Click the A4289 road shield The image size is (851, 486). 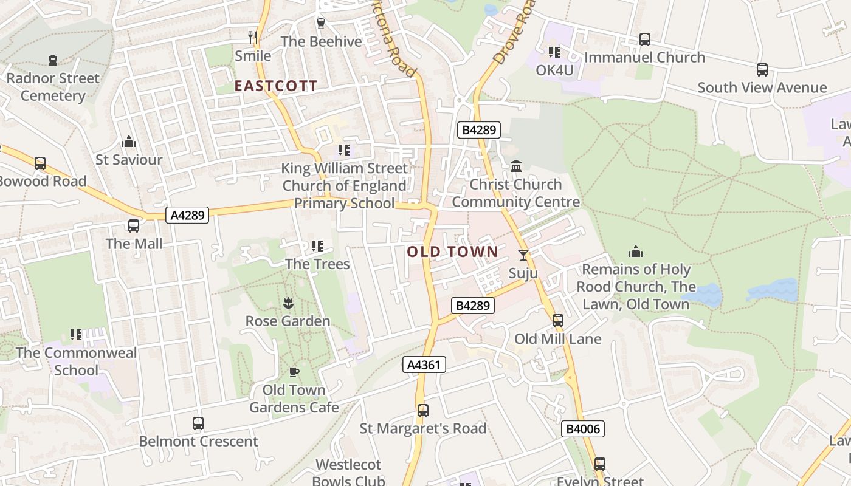[187, 214]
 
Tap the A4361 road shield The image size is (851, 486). [424, 364]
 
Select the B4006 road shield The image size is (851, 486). [583, 429]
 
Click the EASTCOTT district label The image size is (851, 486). [276, 86]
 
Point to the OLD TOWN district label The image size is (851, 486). [452, 252]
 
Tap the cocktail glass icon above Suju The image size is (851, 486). [523, 255]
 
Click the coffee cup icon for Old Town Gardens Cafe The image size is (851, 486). [294, 372]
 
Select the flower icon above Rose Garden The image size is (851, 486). [288, 303]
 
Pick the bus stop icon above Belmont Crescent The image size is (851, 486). [198, 423]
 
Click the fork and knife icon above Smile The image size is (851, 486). [253, 38]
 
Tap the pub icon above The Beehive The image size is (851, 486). [321, 24]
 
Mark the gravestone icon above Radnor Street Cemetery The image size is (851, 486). [53, 60]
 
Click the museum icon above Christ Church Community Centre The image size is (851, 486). [516, 166]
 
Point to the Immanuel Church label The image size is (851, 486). [644, 57]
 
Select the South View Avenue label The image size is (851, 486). [762, 87]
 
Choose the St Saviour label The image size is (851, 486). [129, 160]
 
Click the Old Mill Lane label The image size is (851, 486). [557, 338]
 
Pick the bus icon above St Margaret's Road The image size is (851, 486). [423, 411]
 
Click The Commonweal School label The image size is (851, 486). [76, 361]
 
